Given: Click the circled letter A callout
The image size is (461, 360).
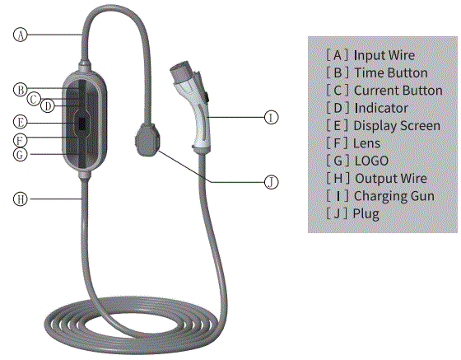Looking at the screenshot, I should [21, 35].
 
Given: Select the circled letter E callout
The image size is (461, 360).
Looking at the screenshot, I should [20, 120].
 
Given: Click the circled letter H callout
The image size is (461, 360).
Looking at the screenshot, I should [20, 199].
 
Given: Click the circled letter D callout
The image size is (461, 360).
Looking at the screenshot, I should [48, 105].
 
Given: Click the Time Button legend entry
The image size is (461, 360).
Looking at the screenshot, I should [377, 72].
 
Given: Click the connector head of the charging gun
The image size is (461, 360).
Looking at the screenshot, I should [182, 69].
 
